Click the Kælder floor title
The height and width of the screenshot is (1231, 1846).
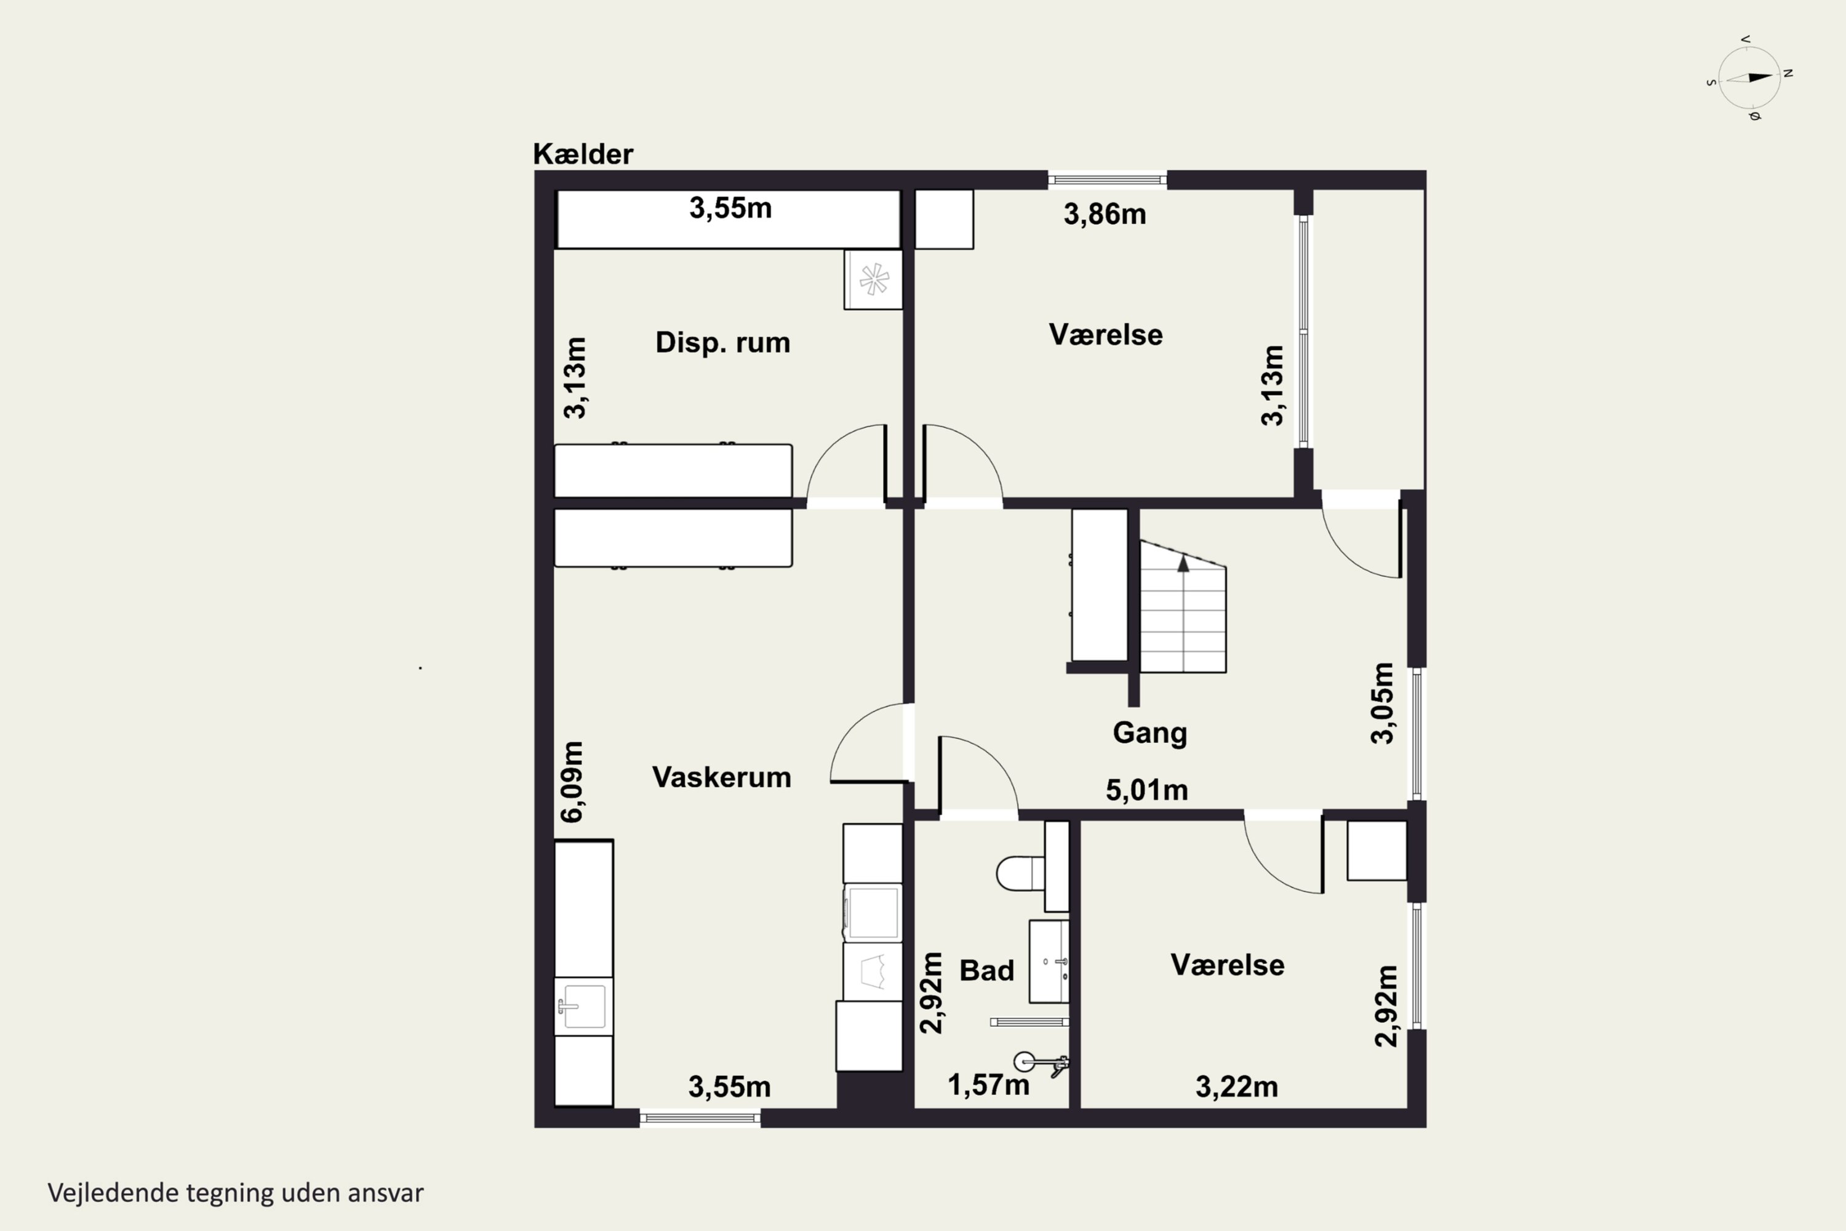583,154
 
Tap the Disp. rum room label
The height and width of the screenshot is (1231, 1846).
723,343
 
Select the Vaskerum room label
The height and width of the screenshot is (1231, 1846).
721,777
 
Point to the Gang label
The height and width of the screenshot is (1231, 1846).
1150,733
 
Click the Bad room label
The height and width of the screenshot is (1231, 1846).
986,971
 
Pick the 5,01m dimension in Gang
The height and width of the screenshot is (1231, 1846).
1147,790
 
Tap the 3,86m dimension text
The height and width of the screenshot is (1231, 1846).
1105,214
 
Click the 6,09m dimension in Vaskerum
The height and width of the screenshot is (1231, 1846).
572,781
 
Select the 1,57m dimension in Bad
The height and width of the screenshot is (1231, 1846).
988,1085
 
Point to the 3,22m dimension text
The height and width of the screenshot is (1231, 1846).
1237,1088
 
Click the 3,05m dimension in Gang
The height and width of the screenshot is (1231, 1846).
1382,703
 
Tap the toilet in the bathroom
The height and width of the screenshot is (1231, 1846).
1020,873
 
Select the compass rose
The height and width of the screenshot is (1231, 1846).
1749,78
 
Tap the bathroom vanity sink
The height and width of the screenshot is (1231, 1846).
1049,961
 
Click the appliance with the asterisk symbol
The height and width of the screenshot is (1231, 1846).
873,279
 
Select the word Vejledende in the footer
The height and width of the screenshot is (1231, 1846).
113,1193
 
